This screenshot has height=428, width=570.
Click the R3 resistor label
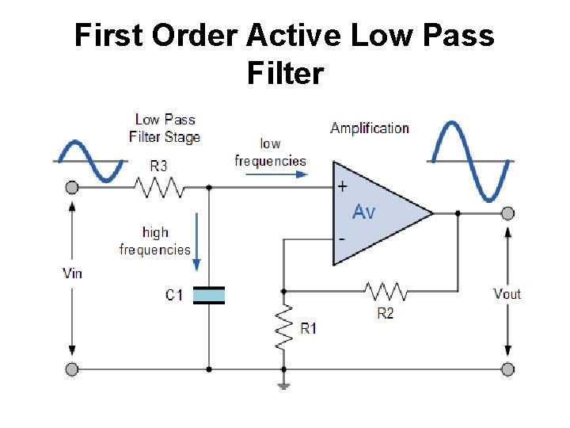tap(158, 166)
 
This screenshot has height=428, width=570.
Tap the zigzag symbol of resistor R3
tap(158, 189)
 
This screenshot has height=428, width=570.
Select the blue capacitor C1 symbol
tap(209, 296)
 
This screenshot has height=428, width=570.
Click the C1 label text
tap(174, 296)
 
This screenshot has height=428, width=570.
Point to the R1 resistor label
tap(308, 328)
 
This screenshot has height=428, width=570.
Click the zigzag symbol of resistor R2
tap(386, 292)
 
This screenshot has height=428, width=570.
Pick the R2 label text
tap(386, 313)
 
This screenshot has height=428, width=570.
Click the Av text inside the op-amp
tap(364, 212)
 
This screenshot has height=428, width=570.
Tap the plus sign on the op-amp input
tap(342, 188)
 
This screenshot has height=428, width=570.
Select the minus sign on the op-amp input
tap(342, 238)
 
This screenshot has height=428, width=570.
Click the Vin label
tap(72, 273)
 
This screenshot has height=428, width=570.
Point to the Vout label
tap(507, 294)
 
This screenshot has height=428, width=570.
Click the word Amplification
tap(370, 128)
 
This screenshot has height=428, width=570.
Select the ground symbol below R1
tap(283, 386)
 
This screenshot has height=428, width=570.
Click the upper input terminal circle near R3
tap(72, 188)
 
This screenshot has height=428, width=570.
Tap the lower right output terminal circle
tap(507, 369)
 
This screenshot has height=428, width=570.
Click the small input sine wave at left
tap(89, 161)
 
